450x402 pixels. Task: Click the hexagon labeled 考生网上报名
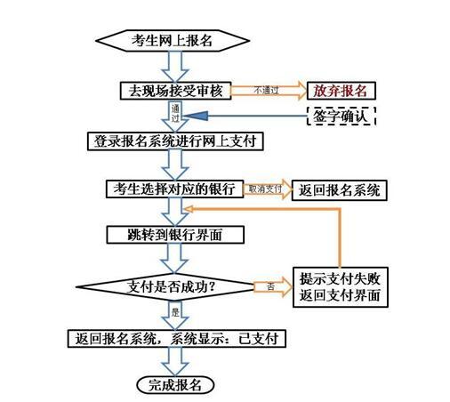(173, 41)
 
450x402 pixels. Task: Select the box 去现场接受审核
(175, 91)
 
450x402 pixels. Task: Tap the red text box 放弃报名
(341, 91)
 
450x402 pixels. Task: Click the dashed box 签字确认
(341, 116)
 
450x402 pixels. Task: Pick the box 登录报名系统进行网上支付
(175, 141)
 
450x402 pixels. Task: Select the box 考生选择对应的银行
(175, 189)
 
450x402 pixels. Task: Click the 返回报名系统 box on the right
(340, 190)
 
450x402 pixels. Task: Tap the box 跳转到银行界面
(175, 235)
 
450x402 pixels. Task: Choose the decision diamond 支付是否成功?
(165, 286)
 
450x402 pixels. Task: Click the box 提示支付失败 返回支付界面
(341, 287)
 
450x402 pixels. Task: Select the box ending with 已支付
(177, 339)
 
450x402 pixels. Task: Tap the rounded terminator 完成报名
(175, 385)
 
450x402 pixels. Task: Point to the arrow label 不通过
(266, 90)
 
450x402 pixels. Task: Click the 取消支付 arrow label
(265, 189)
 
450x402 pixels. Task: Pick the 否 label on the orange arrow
(270, 286)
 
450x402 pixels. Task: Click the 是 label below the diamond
(175, 312)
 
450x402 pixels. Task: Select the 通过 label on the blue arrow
(175, 113)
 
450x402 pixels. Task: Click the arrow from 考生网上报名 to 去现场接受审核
(175, 67)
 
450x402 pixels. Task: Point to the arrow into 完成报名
(175, 362)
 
